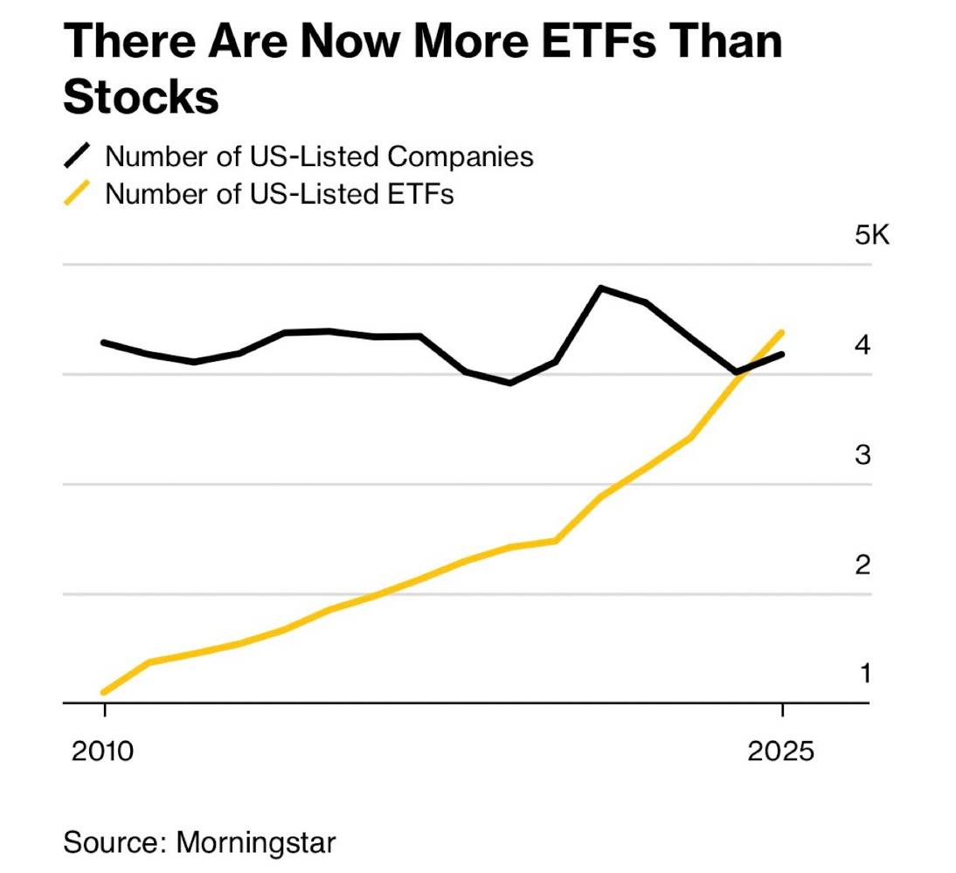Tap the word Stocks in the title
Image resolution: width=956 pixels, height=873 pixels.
(141, 97)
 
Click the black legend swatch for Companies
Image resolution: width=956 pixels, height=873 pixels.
(78, 156)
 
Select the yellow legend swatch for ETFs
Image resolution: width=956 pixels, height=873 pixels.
(78, 193)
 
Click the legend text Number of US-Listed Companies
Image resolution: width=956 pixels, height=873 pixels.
(319, 156)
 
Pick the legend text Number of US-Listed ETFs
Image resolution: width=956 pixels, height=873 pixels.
(280, 193)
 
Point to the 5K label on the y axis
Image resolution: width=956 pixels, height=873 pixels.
(871, 235)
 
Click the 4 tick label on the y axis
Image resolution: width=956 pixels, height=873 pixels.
(863, 345)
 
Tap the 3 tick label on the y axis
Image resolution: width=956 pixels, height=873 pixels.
(863, 454)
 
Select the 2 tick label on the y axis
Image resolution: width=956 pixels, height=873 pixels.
(863, 565)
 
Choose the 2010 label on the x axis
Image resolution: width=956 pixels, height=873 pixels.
(104, 751)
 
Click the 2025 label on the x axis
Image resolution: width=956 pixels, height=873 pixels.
(781, 751)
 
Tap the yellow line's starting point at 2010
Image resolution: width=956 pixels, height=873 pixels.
(104, 692)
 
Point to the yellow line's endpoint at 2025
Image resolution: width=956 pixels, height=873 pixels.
(782, 332)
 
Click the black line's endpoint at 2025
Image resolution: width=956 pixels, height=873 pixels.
(782, 354)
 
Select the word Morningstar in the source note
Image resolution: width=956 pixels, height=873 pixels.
(256, 843)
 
